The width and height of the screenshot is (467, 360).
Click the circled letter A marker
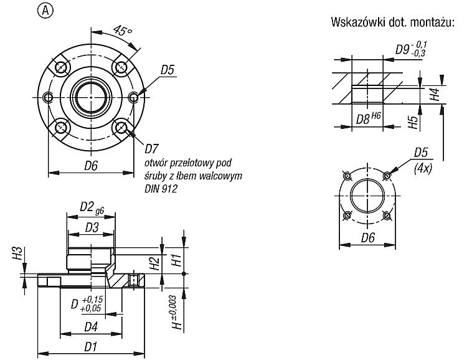click(x=45, y=11)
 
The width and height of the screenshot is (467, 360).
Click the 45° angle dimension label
click(x=122, y=31)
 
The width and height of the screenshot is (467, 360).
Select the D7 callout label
click(x=152, y=148)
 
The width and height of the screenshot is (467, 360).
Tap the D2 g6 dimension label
click(x=92, y=207)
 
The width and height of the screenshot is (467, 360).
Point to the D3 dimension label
click(x=92, y=228)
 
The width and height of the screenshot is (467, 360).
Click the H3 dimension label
click(x=18, y=253)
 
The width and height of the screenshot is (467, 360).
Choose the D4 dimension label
click(x=91, y=327)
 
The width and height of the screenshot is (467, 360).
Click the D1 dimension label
click(x=91, y=347)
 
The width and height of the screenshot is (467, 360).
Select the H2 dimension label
click(x=155, y=263)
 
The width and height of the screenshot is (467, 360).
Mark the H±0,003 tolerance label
click(x=177, y=313)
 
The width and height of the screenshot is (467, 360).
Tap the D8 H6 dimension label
click(x=369, y=118)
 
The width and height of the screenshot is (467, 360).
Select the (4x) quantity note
click(x=423, y=169)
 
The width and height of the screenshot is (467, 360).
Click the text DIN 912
click(x=161, y=189)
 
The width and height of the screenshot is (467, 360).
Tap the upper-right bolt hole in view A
click(x=121, y=67)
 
